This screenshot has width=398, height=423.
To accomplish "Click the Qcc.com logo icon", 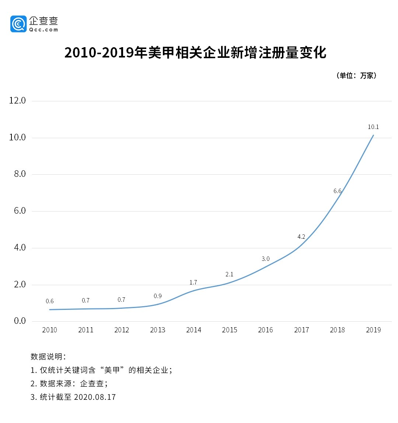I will click(x=18, y=24).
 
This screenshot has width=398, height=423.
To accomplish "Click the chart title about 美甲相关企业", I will click(x=195, y=53).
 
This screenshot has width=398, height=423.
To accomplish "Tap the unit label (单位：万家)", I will click(x=356, y=76).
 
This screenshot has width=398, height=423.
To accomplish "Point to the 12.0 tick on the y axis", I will click(x=17, y=101).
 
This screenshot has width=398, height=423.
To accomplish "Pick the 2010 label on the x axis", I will click(x=49, y=330).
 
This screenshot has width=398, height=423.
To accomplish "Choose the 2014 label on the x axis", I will click(x=193, y=330).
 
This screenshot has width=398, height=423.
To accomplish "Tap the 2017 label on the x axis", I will click(x=301, y=330).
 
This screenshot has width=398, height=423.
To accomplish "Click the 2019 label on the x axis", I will click(x=373, y=330).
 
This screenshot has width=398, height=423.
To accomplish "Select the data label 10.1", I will click(x=373, y=127).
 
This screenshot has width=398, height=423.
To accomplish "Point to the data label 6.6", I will click(x=337, y=191).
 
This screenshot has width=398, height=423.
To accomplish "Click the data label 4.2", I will click(x=301, y=237).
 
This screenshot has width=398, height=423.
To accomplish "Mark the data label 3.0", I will click(x=265, y=259).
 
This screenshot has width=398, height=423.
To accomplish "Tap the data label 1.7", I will click(x=193, y=282).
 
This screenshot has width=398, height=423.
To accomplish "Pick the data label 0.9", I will click(x=157, y=296).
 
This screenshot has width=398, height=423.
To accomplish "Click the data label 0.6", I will click(x=49, y=301).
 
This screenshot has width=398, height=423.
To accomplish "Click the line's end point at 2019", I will click(x=373, y=135).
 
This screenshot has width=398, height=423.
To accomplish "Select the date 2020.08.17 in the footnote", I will click(x=95, y=397).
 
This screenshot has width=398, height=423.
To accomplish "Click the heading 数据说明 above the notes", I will click(x=48, y=356).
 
